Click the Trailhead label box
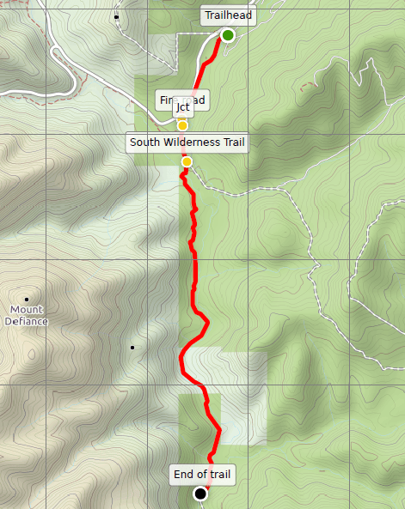pos(228,15)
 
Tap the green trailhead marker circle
pos(228,35)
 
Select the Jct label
pos(182,107)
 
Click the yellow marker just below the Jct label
pos(182,125)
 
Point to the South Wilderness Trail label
pos(187,142)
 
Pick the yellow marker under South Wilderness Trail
pos(187,161)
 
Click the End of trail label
pos(201,474)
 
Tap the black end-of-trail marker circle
pos(201,494)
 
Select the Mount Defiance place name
pos(26,315)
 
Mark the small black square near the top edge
pos(116,16)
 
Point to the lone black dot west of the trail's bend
pos(132,348)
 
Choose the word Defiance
pos(26,321)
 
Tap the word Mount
pos(26,309)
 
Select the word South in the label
pos(146,142)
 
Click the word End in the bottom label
pos(183,474)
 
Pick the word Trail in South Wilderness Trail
pos(231,142)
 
